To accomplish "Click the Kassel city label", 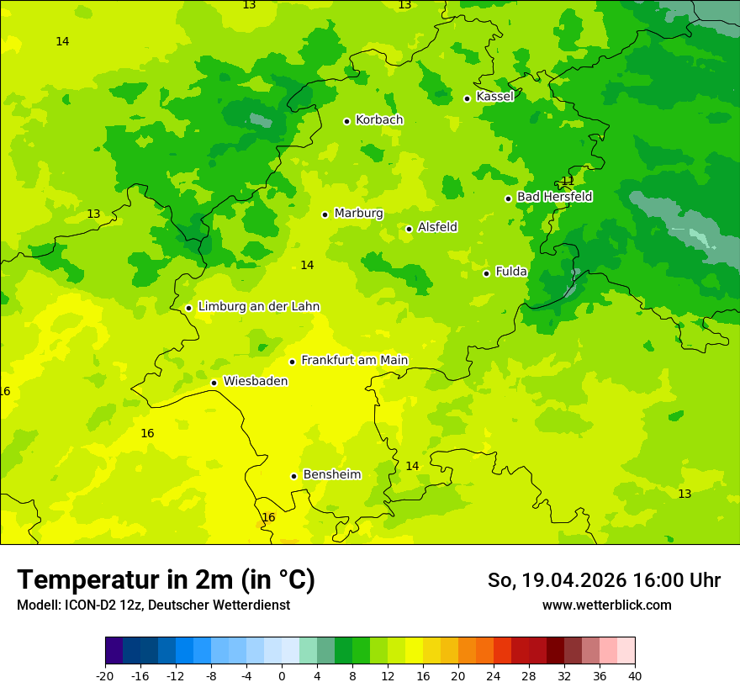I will point(494,97).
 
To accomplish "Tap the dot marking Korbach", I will point(346,121).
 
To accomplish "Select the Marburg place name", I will point(358,214).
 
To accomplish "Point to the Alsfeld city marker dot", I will point(409,229).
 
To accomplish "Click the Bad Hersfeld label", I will point(554,197).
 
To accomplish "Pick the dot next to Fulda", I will point(486,273).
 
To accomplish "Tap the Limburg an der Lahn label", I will point(258,307).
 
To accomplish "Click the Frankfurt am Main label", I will point(354,361).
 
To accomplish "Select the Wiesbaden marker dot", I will point(214,383).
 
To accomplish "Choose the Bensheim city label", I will point(331,475).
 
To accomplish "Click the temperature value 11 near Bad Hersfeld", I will point(568,180).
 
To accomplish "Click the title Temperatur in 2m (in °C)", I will point(166,580).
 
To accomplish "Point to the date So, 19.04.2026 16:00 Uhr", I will point(604,580).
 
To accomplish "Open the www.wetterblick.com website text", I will point(606,605).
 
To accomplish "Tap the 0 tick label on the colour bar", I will point(282,675).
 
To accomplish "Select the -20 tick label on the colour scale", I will point(105,675).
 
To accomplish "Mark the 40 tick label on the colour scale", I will point(635,675).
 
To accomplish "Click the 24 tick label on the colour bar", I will point(494,675).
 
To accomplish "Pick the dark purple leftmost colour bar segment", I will point(114,651).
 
